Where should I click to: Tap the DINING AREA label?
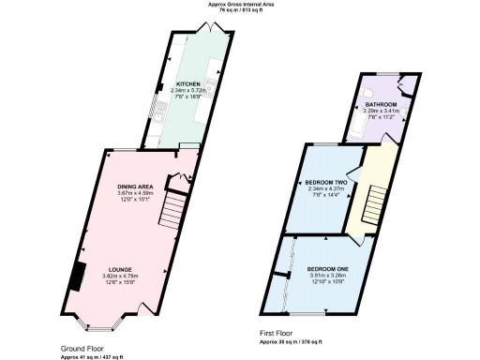point(135,187)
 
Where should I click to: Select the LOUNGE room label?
point(119,269)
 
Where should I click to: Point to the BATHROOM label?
point(381,104)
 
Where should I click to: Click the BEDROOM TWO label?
point(326,182)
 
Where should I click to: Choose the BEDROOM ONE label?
point(328,270)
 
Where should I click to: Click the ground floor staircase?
point(172,209)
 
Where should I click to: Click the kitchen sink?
point(161,110)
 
